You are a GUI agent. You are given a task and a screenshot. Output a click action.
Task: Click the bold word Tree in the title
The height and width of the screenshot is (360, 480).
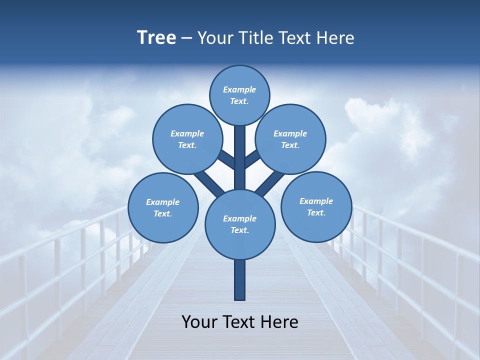click(156, 37)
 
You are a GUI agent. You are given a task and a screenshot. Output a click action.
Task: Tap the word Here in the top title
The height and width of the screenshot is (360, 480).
click(335, 38)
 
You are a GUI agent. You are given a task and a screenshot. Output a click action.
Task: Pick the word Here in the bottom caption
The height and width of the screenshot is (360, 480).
click(279, 322)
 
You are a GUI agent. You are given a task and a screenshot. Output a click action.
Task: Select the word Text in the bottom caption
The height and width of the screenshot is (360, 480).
click(239, 322)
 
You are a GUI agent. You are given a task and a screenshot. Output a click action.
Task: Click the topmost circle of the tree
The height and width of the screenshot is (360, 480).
click(239, 95)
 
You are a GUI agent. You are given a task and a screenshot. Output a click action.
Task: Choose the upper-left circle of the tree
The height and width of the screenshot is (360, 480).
click(187, 139)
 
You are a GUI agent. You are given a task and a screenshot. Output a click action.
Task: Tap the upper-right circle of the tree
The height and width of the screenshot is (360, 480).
click(290, 139)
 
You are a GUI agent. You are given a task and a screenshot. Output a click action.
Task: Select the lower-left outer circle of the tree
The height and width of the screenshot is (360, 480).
click(162, 207)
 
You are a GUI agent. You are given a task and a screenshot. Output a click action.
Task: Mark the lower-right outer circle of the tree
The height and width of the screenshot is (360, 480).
click(316, 206)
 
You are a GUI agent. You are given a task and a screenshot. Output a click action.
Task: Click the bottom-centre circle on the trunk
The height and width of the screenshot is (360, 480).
click(240, 224)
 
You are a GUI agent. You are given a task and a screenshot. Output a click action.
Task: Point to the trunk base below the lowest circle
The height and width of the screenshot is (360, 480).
click(240, 280)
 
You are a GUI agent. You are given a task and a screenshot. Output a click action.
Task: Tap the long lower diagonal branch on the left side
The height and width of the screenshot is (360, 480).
click(209, 182)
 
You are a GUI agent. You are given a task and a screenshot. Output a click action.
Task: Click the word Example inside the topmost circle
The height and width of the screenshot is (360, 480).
click(239, 89)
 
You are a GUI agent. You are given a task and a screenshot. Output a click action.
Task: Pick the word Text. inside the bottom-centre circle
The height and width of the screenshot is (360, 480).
click(239, 230)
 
